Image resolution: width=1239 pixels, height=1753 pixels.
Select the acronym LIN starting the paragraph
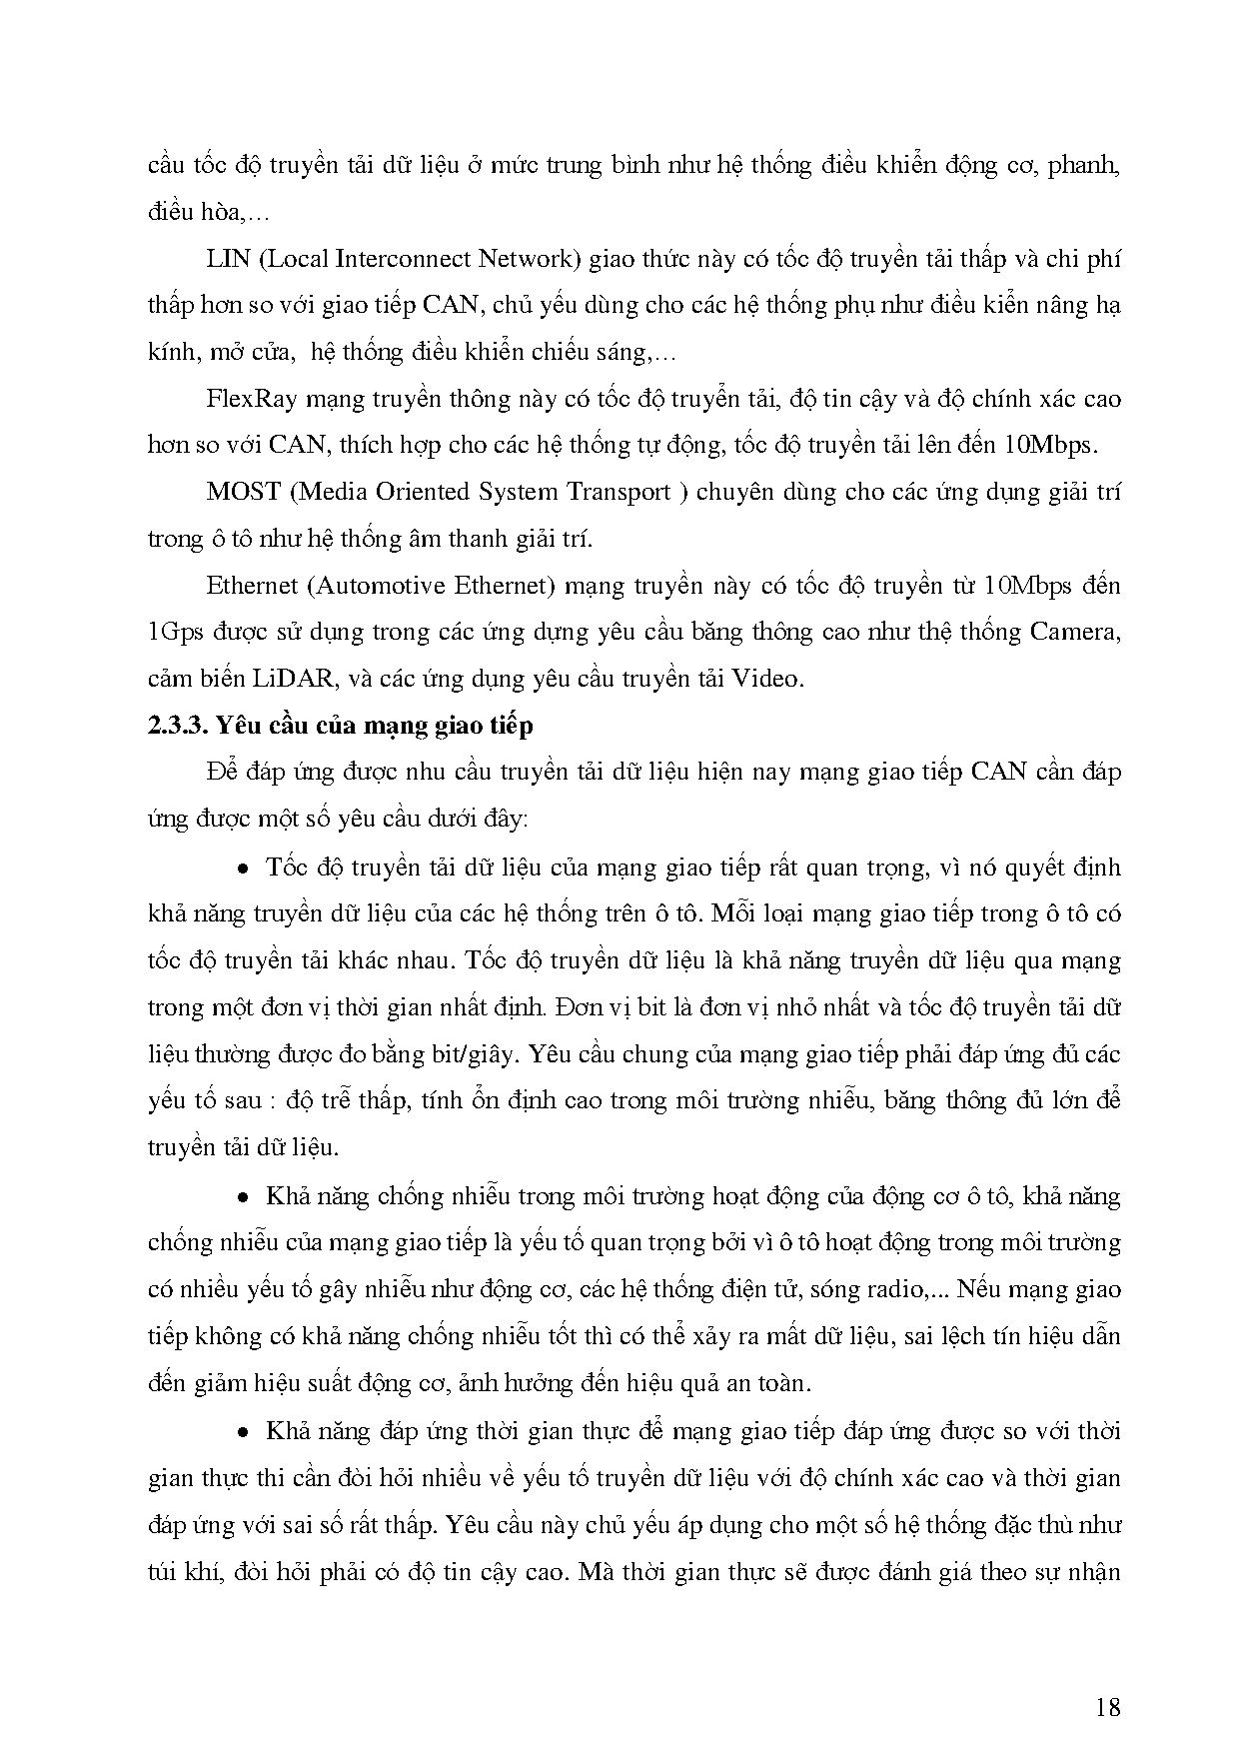(226, 260)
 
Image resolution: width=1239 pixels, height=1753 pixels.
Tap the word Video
(767, 679)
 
